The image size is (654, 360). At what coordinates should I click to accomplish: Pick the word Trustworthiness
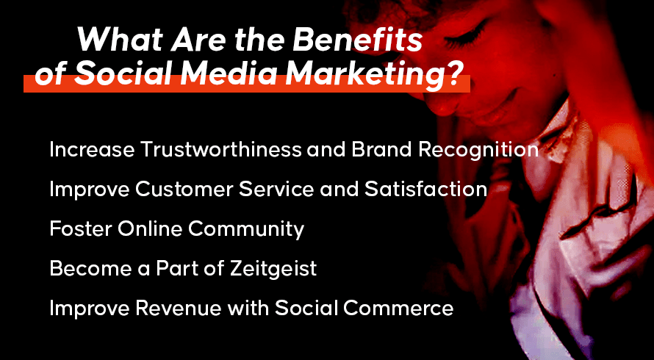pyautogui.click(x=220, y=149)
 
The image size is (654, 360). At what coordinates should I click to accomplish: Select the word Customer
pyautogui.click(x=183, y=190)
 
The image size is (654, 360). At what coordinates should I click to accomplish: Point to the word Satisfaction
pyautogui.click(x=426, y=190)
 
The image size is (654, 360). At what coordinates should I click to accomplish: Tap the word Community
pyautogui.click(x=246, y=230)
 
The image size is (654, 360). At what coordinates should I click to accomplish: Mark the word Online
pyautogui.click(x=149, y=228)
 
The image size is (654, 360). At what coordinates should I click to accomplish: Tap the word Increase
pyautogui.click(x=92, y=149)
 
